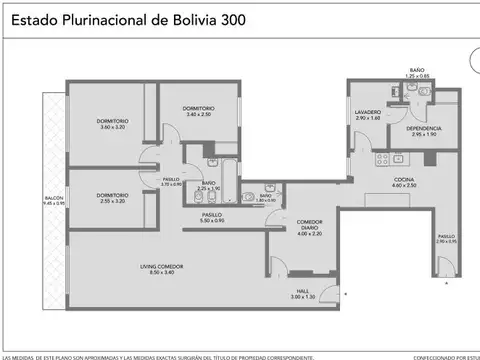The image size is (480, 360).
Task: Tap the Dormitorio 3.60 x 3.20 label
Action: pos(112,124)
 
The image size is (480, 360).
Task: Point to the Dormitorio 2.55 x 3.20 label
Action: pos(112,197)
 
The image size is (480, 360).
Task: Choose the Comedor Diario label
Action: pos(308,228)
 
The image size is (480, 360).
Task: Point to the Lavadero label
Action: pos(367,115)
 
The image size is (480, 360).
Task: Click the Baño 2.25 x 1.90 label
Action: pos(208,186)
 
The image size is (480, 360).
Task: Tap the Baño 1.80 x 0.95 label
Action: pos(266,198)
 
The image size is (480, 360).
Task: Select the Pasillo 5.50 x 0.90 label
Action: pos(211,216)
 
